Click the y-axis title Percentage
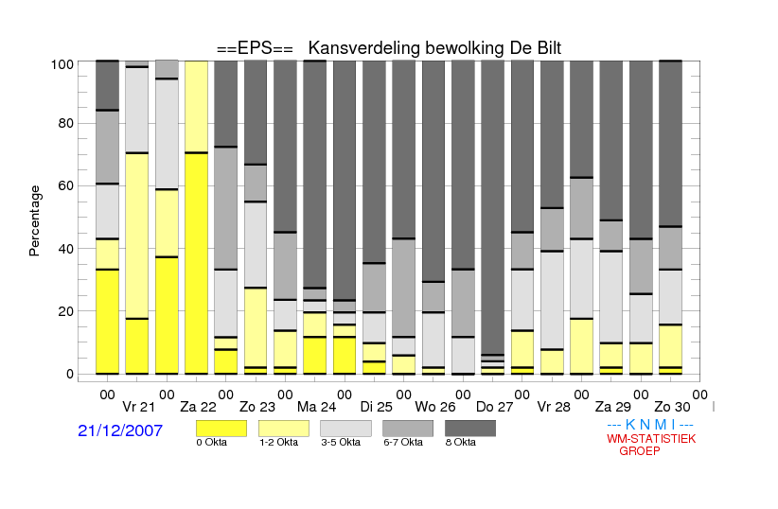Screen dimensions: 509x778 click(35, 220)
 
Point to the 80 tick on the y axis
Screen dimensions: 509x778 click(66, 123)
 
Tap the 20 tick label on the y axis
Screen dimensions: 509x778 click(66, 311)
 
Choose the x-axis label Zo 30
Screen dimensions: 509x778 click(669, 408)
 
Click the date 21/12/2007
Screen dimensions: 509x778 click(120, 431)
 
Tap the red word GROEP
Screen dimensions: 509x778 click(640, 451)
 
